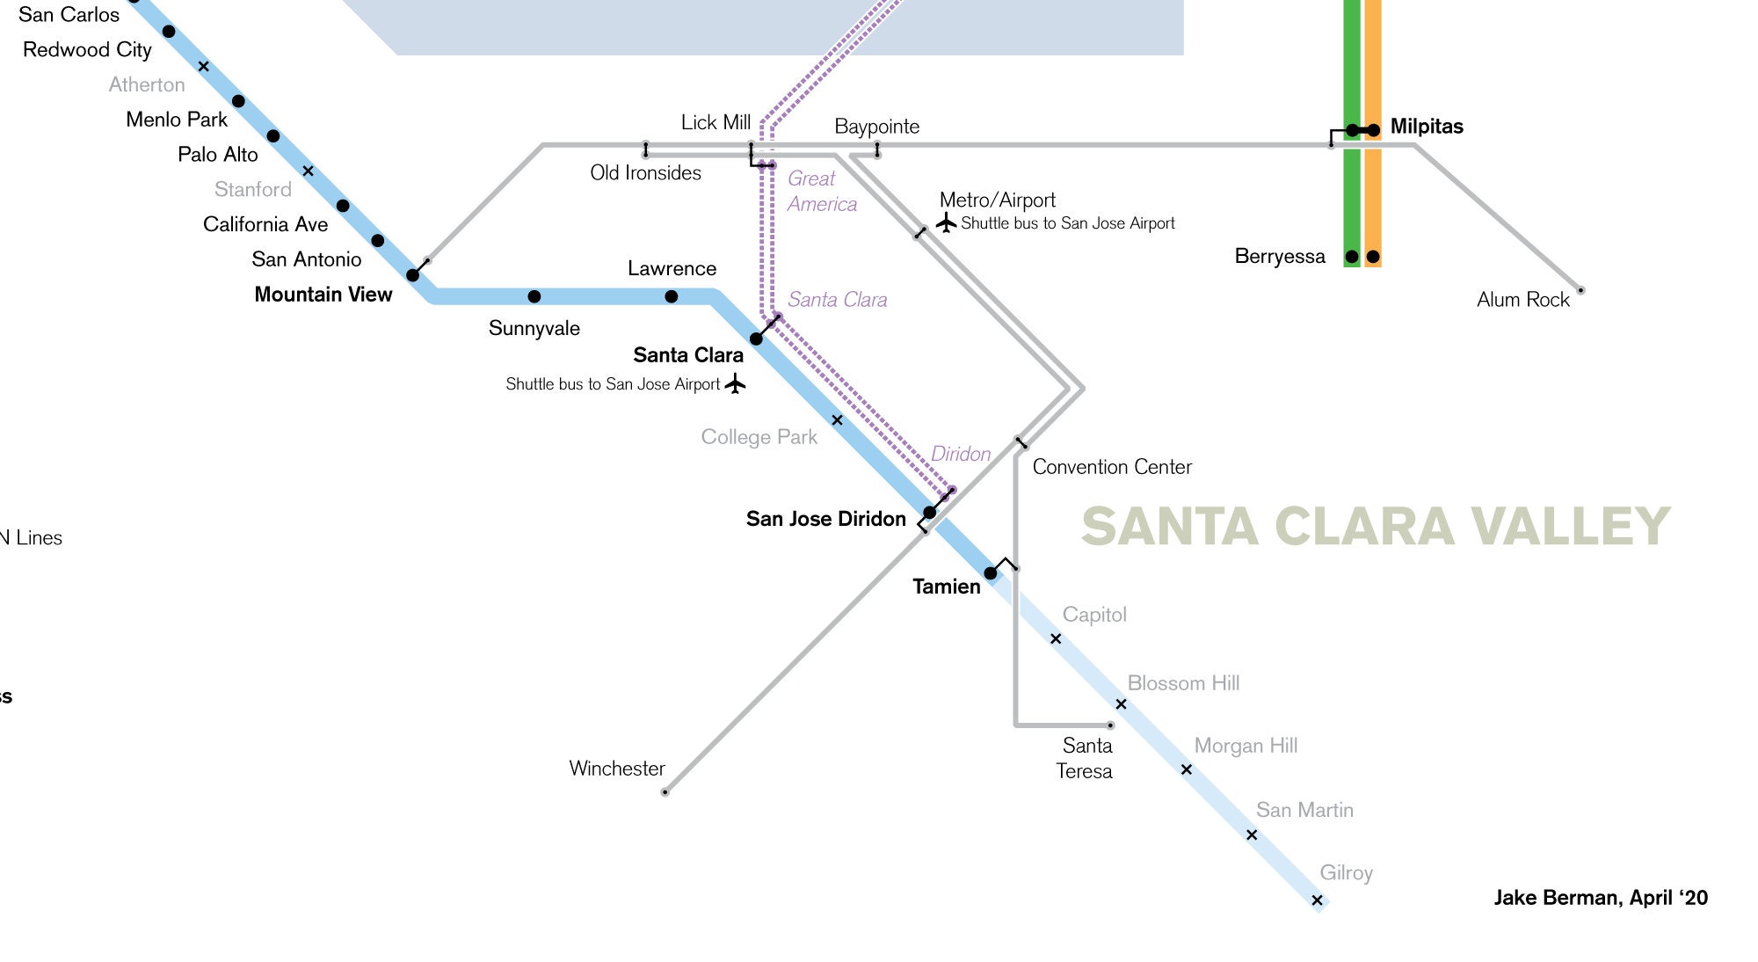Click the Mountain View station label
pyautogui.click(x=323, y=295)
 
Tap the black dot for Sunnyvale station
pyautogui.click(x=534, y=296)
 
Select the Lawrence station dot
pyautogui.click(x=672, y=296)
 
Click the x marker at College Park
pyautogui.click(x=837, y=420)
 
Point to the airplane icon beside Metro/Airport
pyautogui.click(x=947, y=222)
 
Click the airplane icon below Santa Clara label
pyautogui.click(x=736, y=383)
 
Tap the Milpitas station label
pyautogui.click(x=1426, y=127)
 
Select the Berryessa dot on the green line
pyautogui.click(x=1352, y=257)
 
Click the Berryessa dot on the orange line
pyautogui.click(x=1373, y=257)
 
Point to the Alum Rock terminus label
pyautogui.click(x=1522, y=300)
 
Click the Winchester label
pyautogui.click(x=617, y=769)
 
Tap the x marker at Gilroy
pyautogui.click(x=1317, y=900)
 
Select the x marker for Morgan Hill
pyautogui.click(x=1186, y=769)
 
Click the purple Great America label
pyautogui.click(x=821, y=191)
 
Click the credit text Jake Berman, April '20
pyautogui.click(x=1600, y=898)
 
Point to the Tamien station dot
pyautogui.click(x=991, y=573)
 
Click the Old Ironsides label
pyautogui.click(x=645, y=173)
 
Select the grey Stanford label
pyautogui.click(x=252, y=189)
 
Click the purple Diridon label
pyautogui.click(x=960, y=454)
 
